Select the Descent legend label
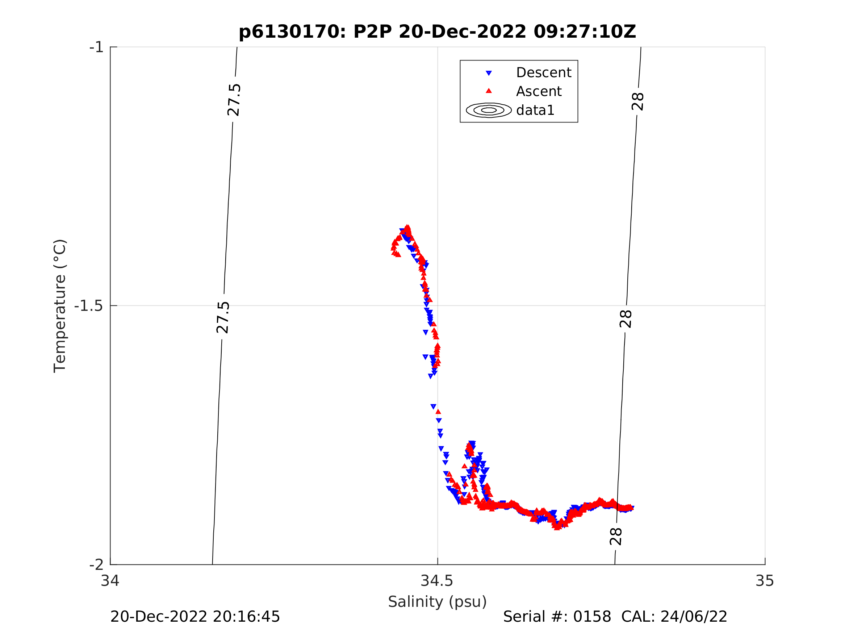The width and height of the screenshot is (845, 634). tap(544, 72)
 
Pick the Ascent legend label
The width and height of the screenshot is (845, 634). tap(539, 91)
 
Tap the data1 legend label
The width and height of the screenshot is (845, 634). tap(535, 110)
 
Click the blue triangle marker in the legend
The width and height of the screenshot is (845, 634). tap(489, 73)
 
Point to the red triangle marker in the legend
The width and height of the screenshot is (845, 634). tap(489, 91)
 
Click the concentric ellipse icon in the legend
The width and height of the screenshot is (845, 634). tap(489, 110)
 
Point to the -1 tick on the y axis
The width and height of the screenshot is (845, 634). tap(97, 47)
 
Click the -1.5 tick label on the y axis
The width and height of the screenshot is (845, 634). tap(89, 306)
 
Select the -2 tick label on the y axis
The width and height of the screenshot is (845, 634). tap(97, 564)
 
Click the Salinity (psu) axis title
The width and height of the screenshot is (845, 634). tap(438, 601)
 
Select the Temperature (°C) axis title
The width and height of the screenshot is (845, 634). tap(60, 306)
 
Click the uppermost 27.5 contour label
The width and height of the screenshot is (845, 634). tap(233, 100)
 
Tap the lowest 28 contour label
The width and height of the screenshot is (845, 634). tap(616, 537)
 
